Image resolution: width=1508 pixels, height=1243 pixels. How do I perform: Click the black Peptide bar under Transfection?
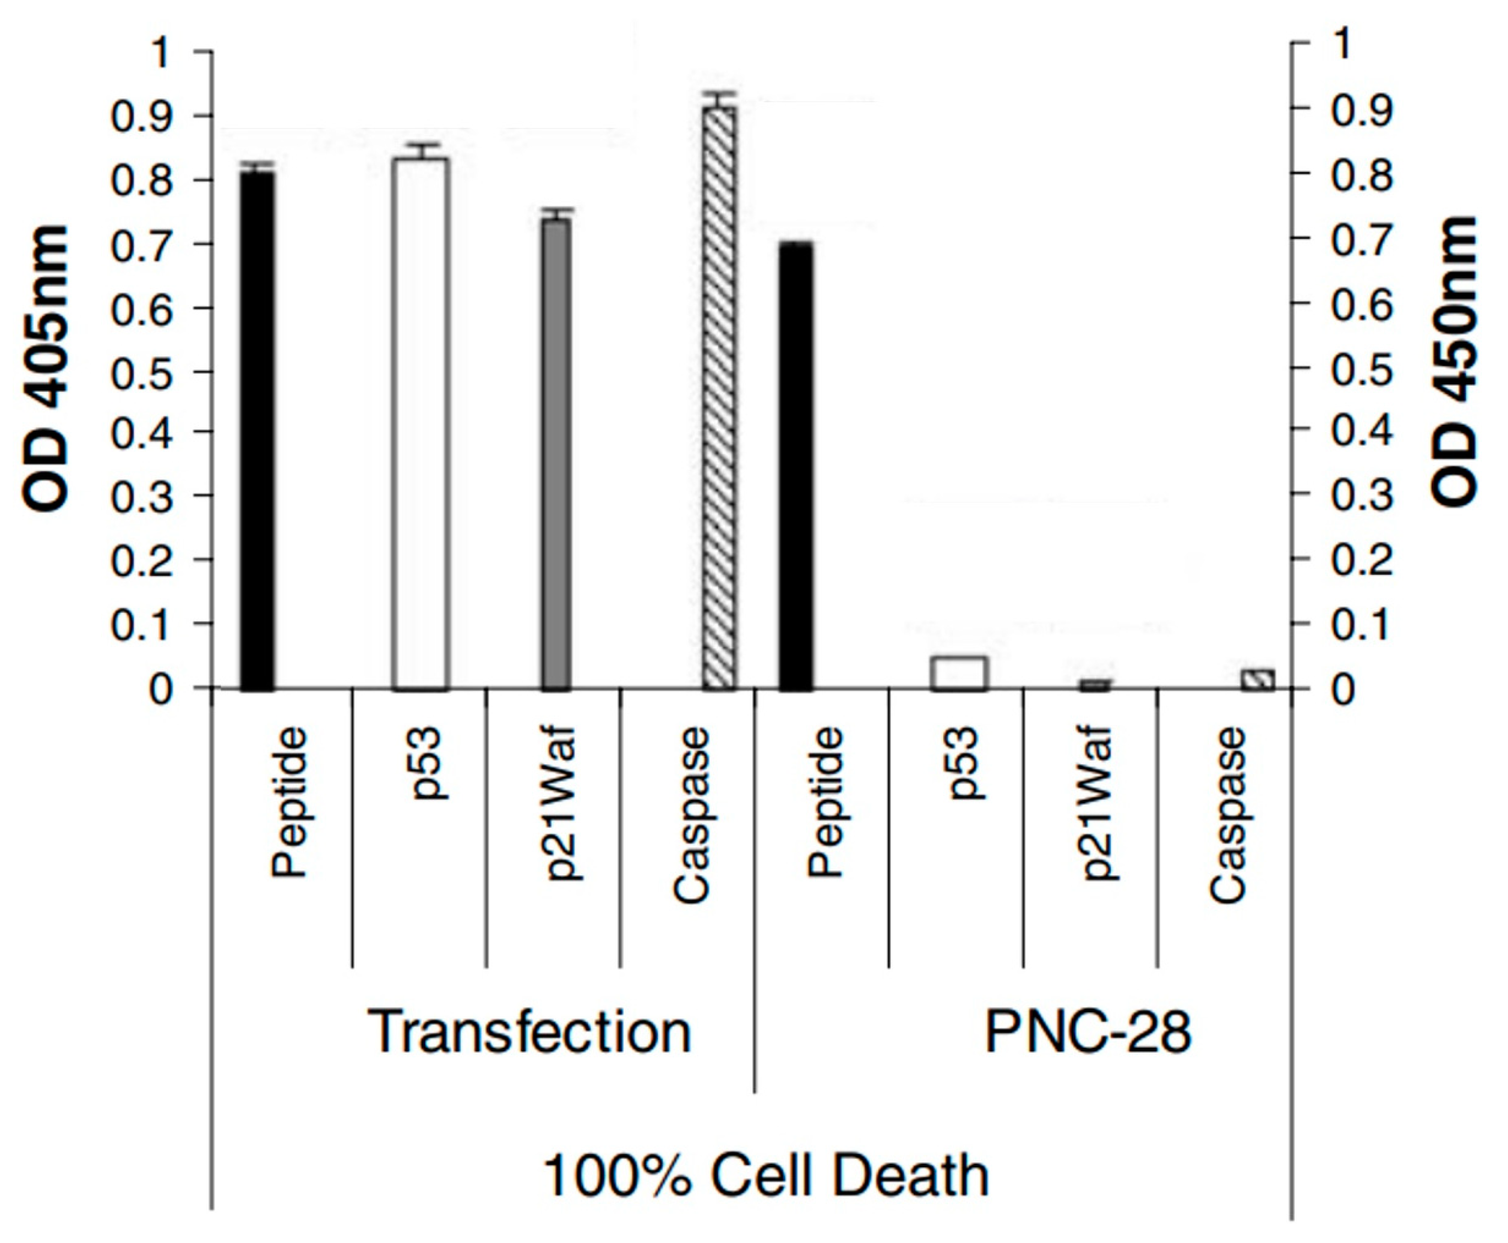(x=257, y=430)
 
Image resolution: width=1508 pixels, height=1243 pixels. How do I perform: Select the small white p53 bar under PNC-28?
(x=959, y=673)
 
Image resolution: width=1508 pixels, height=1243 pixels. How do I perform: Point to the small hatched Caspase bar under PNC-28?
(x=1258, y=679)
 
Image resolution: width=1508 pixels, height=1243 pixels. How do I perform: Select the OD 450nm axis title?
(x=1455, y=362)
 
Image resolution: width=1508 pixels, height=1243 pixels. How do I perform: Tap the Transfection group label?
(x=530, y=1032)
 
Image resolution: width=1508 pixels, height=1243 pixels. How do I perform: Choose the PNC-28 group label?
(x=1087, y=1032)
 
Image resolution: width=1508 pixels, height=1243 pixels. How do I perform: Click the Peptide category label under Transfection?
(x=290, y=802)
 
